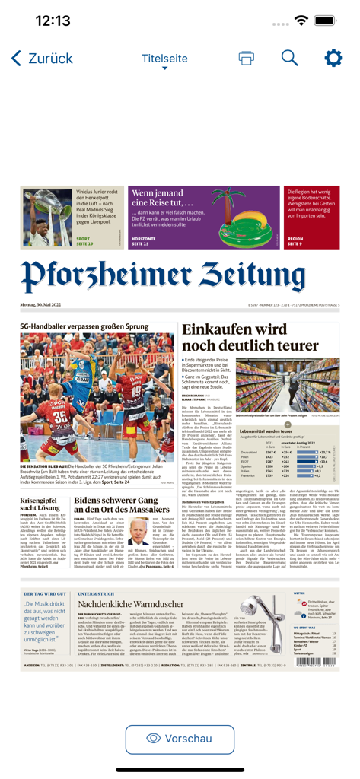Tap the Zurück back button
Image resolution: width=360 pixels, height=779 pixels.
[x=42, y=59]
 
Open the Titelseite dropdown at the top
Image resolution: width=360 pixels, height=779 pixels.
[x=164, y=59]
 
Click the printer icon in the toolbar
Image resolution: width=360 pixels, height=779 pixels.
[x=246, y=59]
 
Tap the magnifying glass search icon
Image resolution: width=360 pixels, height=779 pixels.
[x=290, y=59]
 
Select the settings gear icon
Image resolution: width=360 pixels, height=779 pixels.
[x=333, y=59]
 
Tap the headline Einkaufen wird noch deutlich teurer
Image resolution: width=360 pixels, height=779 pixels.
[x=250, y=336]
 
